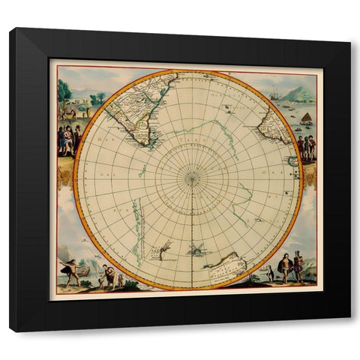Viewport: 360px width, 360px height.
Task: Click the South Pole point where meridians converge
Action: pos(192,178)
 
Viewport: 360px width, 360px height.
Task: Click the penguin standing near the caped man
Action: pos(271,274)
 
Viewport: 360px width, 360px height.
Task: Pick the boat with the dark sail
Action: pos(306,118)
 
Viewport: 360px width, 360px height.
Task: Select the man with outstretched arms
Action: pos(72,270)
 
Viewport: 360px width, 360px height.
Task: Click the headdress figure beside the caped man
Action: pos(298,267)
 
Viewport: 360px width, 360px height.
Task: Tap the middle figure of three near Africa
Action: pos(306,145)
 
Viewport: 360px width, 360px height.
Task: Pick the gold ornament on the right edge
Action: pos(309,175)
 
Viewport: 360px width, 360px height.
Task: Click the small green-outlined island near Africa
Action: pos(292,160)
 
